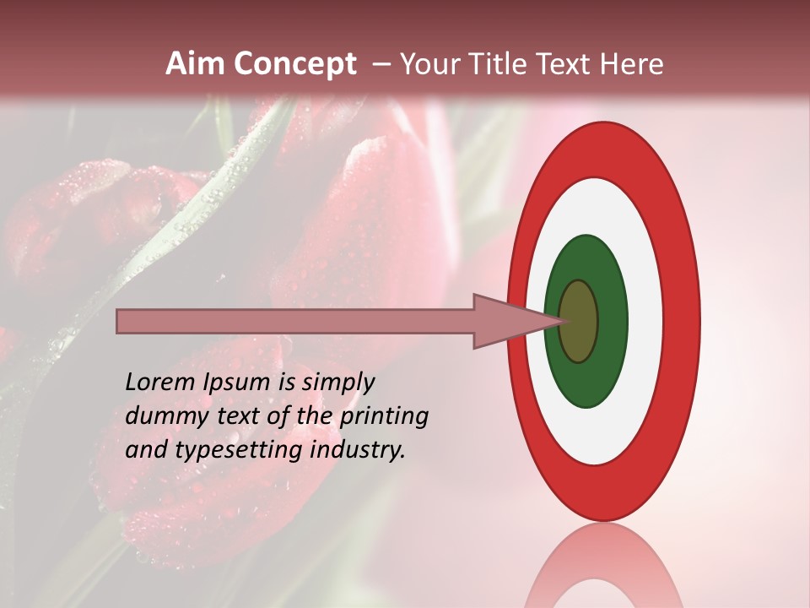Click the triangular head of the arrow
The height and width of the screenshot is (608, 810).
[506, 322]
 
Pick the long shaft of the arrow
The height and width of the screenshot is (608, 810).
[295, 322]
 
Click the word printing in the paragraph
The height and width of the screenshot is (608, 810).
[383, 416]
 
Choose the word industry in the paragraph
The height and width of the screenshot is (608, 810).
[358, 450]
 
